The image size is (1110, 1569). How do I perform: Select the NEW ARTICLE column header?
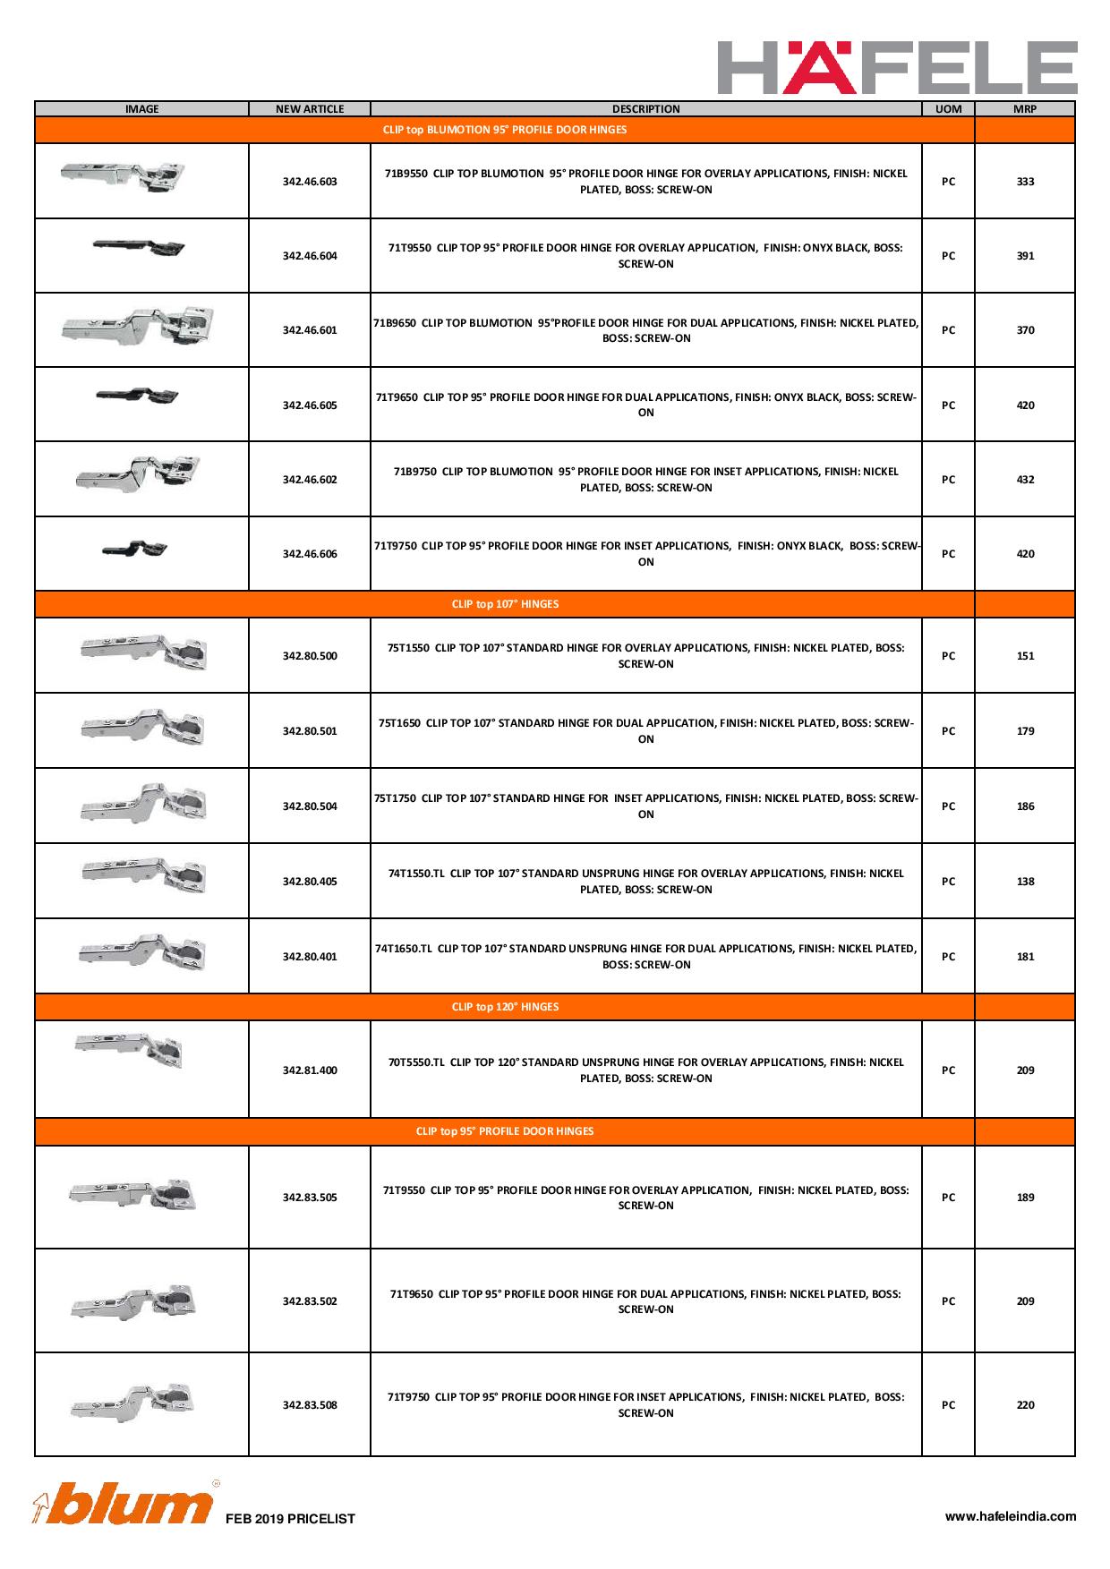tap(310, 109)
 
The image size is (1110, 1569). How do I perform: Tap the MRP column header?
tap(1025, 109)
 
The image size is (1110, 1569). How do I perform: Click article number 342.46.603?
tap(310, 182)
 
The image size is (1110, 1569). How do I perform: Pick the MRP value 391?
tap(1025, 256)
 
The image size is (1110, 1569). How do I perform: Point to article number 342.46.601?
tap(310, 330)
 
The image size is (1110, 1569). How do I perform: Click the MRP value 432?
tap(1025, 480)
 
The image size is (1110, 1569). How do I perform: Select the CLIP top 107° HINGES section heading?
tap(505, 604)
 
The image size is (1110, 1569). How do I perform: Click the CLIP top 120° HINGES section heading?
tap(505, 1007)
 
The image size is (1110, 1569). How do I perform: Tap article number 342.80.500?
tap(310, 656)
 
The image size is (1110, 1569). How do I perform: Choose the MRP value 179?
tap(1025, 731)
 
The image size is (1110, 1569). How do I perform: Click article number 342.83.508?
tap(310, 1405)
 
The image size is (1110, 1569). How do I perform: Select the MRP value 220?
tap(1025, 1405)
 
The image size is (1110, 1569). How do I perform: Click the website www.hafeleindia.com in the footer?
tap(1011, 1516)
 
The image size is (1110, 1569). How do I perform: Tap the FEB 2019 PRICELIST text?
tap(290, 1519)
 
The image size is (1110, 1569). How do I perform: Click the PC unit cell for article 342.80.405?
tap(948, 882)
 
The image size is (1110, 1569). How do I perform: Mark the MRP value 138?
tap(1025, 882)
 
